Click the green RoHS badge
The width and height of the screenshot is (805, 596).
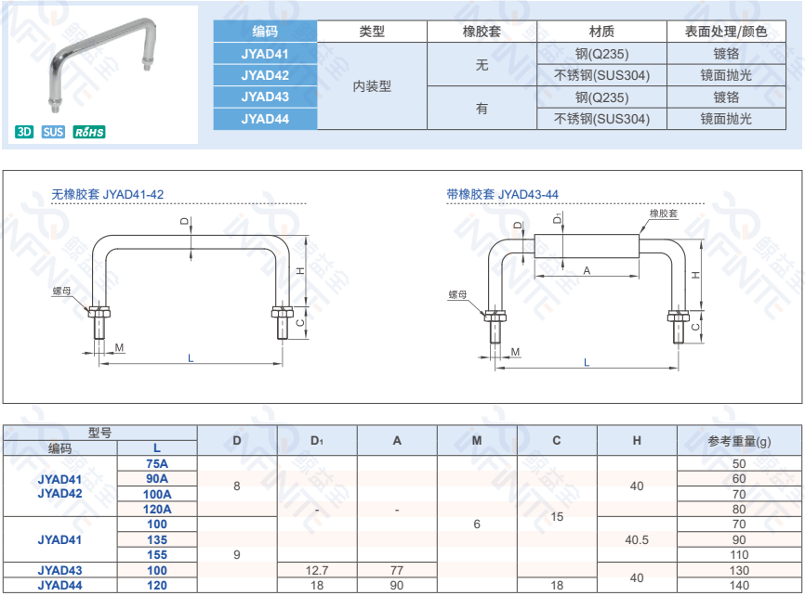89,132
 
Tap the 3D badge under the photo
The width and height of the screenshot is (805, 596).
24,132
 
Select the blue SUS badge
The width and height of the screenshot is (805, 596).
53,132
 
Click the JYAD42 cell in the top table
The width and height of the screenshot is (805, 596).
265,75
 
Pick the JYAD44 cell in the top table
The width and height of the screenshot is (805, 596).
265,119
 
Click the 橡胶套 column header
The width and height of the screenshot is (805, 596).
482,32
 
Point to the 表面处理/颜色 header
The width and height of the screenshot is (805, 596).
726,32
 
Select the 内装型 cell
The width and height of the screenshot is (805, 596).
372,86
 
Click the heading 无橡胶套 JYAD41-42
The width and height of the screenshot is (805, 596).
108,195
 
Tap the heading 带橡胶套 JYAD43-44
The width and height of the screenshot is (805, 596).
503,195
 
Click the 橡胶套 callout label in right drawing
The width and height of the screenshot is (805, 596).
664,214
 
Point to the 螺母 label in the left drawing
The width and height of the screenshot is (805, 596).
61,292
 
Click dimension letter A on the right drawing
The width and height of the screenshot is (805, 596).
587,270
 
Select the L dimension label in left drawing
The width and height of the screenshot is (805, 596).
191,357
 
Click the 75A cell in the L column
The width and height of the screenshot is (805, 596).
157,463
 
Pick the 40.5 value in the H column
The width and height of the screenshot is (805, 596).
637,539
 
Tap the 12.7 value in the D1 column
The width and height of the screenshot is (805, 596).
317,570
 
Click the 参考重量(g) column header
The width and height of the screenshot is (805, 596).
739,441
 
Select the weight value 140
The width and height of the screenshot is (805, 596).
739,585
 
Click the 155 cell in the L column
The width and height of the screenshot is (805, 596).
157,554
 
